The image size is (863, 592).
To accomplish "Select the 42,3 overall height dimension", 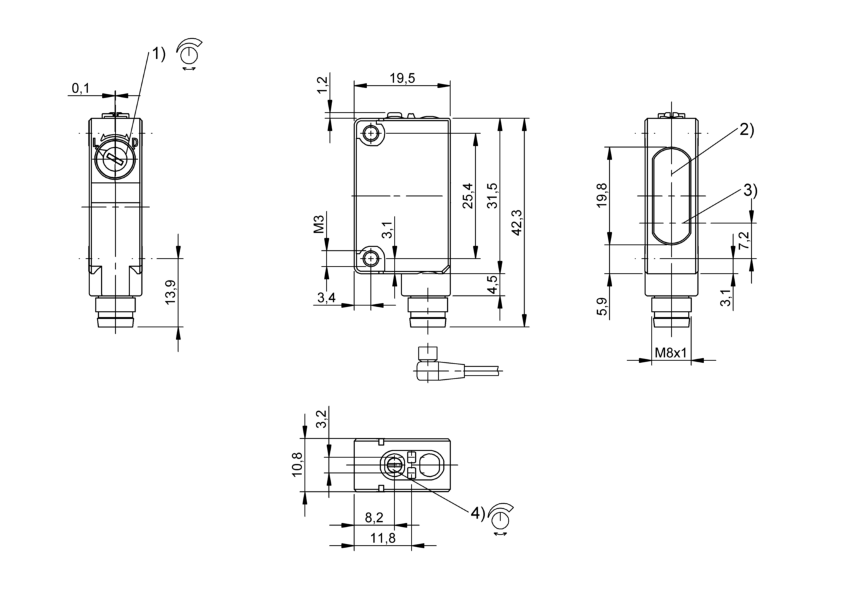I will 517,222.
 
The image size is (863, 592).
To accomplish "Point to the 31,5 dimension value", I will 492,196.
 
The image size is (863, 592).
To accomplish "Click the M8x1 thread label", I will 670,353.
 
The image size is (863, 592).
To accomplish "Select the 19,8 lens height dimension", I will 602,196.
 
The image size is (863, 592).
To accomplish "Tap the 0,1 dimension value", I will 80,89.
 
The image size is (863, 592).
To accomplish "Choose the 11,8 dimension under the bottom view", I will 382,538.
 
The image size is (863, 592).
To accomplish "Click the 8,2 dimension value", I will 374,518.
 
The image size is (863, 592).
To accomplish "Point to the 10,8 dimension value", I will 298,465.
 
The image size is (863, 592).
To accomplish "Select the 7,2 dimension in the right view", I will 744,240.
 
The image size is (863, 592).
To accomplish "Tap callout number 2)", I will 747,130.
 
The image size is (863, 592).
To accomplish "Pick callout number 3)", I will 750,190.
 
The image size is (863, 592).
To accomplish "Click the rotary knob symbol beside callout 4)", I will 500,518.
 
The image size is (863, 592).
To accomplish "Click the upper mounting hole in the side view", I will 372,133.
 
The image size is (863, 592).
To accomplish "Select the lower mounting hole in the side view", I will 372,258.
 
